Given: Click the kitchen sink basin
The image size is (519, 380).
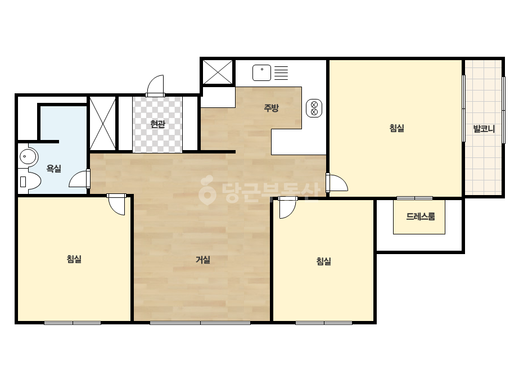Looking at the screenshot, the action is pyautogui.click(x=261, y=73).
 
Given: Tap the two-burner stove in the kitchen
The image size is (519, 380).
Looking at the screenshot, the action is pyautogui.click(x=314, y=108).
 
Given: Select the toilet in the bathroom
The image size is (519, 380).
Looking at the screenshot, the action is pyautogui.click(x=29, y=181).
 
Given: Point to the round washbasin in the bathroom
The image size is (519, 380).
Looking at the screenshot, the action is pyautogui.click(x=29, y=157).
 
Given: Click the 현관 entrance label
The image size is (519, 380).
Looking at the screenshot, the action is pyautogui.click(x=157, y=124).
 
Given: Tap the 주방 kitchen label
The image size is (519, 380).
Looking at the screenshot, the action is pyautogui.click(x=271, y=107).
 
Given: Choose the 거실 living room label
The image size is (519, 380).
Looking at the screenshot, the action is pyautogui.click(x=202, y=260).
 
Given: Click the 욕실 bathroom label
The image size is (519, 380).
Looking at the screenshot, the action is pyautogui.click(x=53, y=169).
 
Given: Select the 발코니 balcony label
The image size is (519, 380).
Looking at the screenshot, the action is pyautogui.click(x=484, y=129).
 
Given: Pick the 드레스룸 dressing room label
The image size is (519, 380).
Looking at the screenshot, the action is pyautogui.click(x=421, y=217).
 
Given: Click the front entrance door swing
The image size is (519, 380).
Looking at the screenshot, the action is pyautogui.click(x=155, y=85).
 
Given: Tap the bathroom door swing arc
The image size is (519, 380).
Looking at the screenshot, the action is pyautogui.click(x=79, y=179).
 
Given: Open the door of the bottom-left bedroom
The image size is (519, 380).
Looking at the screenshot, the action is pyautogui.click(x=116, y=204).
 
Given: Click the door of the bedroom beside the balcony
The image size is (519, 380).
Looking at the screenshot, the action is pyautogui.click(x=337, y=182).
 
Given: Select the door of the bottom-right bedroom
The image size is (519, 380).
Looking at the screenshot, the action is pyautogui.click(x=287, y=207).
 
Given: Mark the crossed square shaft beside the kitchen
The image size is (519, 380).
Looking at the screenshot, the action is pyautogui.click(x=218, y=72).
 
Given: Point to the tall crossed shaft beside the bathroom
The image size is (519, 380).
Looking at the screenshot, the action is pyautogui.click(x=103, y=124).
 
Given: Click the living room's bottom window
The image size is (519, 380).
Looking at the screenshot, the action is pyautogui.click(x=200, y=323).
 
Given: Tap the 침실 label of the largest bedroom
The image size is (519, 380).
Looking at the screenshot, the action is pyautogui.click(x=396, y=128).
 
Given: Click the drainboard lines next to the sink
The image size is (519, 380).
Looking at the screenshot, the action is pyautogui.click(x=281, y=73).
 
